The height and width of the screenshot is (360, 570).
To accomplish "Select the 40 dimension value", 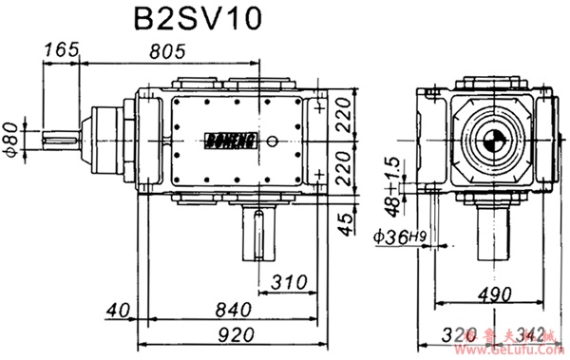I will click(x=119, y=310).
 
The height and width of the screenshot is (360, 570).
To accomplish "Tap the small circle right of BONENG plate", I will click(x=274, y=142).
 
